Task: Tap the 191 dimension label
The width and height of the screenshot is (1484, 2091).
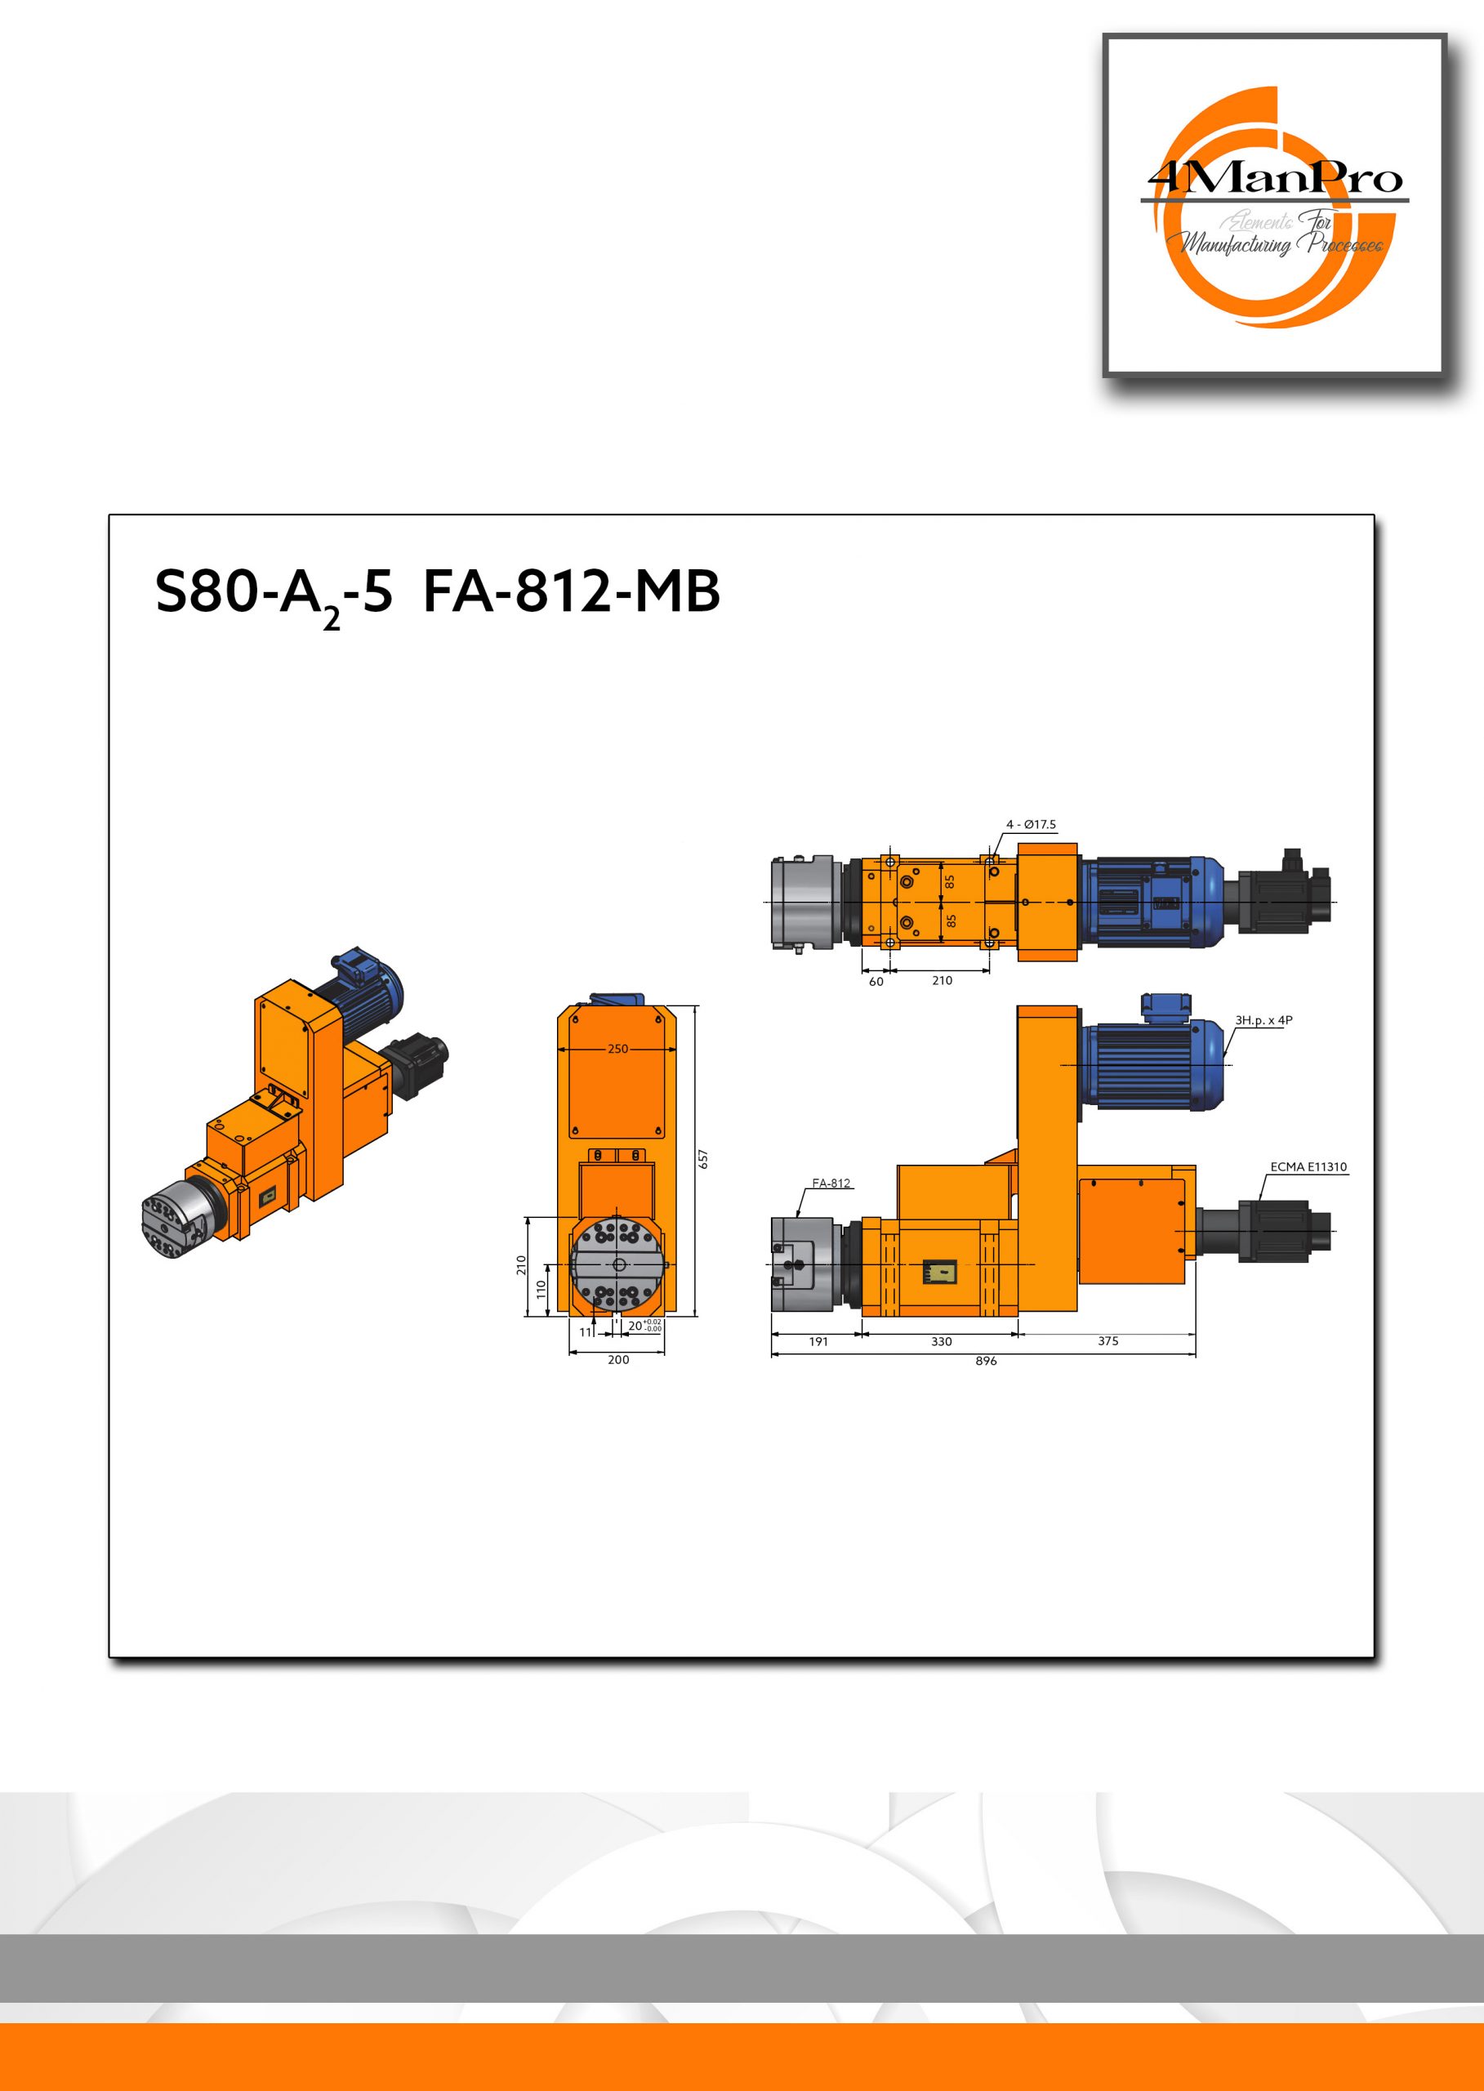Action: tap(818, 1342)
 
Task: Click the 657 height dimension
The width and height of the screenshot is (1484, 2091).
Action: tap(702, 1159)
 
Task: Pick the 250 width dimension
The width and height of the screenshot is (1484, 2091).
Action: tap(617, 1049)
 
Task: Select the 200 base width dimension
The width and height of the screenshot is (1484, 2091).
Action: tap(618, 1360)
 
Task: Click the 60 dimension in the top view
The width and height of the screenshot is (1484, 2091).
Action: tap(876, 982)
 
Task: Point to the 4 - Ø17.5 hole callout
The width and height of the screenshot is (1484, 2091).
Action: tap(1031, 824)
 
